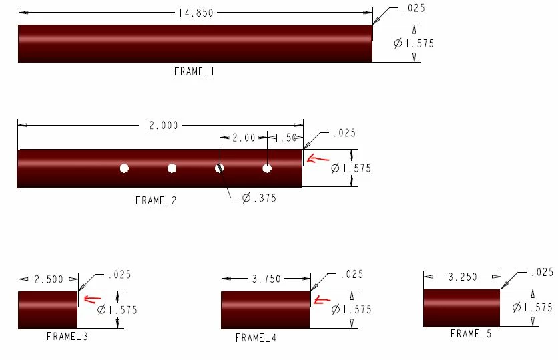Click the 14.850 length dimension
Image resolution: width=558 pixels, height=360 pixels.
196,13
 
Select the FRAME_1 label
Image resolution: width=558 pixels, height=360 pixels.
194,71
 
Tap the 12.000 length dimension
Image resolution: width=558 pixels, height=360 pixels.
161,126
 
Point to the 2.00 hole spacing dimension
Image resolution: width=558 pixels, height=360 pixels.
244,138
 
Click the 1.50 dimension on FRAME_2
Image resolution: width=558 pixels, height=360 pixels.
286,138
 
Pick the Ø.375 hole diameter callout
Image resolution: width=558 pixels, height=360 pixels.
259,198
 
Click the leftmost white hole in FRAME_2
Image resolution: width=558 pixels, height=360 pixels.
124,168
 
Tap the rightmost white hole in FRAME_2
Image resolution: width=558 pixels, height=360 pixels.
267,168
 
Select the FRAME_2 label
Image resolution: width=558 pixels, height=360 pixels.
156,200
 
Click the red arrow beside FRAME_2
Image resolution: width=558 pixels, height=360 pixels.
318,158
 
